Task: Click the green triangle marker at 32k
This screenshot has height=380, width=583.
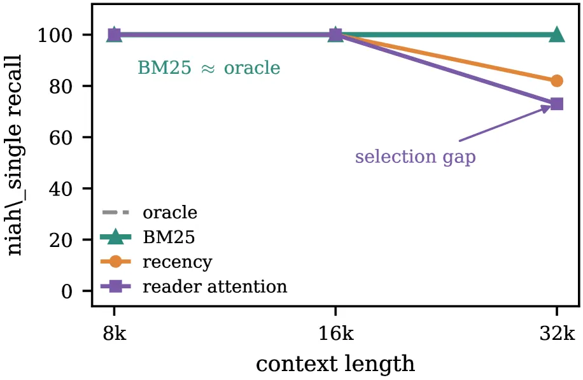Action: [x=557, y=35]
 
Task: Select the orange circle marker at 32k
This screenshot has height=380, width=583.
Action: [x=557, y=81]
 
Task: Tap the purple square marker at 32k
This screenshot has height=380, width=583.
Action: [x=557, y=104]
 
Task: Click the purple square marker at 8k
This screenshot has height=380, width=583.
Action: [x=115, y=35]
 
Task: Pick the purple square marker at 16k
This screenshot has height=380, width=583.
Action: [x=336, y=35]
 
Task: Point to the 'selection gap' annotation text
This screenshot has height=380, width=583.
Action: [x=416, y=157]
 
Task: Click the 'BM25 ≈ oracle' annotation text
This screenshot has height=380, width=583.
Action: [x=209, y=67]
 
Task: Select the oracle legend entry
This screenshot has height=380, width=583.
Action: [x=150, y=213]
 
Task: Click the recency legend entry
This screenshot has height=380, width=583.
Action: [x=157, y=262]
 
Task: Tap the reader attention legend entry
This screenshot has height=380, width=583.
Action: [x=194, y=286]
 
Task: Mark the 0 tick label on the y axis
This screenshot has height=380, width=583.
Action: [x=67, y=291]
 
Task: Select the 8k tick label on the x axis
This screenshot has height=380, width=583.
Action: [x=115, y=334]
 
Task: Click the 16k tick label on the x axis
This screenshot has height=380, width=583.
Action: [x=336, y=334]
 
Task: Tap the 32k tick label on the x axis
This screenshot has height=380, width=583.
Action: [x=557, y=334]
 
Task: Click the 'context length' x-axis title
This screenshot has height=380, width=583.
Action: [x=335, y=363]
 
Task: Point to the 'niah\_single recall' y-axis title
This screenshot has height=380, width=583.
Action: [x=15, y=155]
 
